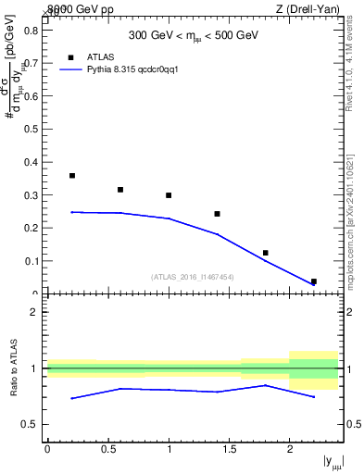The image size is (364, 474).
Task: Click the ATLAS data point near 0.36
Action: [x=72, y=175]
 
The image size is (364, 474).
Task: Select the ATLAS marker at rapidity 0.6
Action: [x=120, y=190]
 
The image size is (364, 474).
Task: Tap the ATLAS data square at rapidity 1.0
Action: [x=169, y=195]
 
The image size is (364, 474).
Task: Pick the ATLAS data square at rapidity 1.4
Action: [x=217, y=214]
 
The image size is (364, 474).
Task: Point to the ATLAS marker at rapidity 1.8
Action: [x=266, y=253]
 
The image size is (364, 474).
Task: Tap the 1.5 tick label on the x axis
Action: [x=229, y=449]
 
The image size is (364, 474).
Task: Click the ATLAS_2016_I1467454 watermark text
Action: [x=193, y=276]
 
